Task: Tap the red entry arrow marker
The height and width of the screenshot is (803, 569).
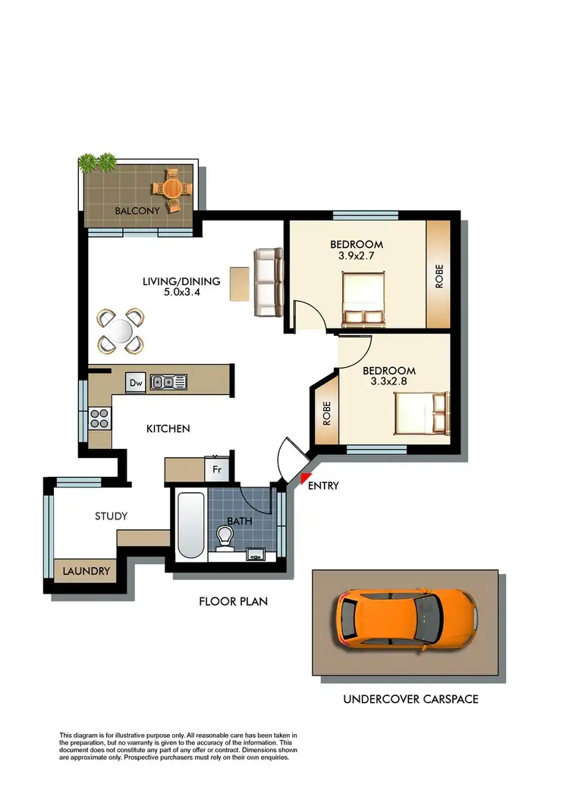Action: tap(305, 478)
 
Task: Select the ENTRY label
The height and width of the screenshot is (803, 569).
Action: tap(323, 486)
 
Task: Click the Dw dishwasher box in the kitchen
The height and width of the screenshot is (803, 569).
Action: tap(136, 383)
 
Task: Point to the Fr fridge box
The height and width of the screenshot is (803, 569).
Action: tap(216, 469)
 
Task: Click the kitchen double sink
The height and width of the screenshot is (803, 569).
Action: tap(168, 382)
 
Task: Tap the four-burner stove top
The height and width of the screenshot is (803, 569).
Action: tap(100, 417)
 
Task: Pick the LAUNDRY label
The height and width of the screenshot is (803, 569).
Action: tap(86, 571)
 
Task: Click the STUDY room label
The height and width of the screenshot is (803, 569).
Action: tap(111, 516)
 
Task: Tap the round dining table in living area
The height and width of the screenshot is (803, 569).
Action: tap(120, 331)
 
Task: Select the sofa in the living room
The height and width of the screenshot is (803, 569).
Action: tap(268, 283)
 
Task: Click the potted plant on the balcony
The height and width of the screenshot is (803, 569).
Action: tap(97, 162)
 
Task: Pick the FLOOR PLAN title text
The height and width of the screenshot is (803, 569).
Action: tap(233, 602)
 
